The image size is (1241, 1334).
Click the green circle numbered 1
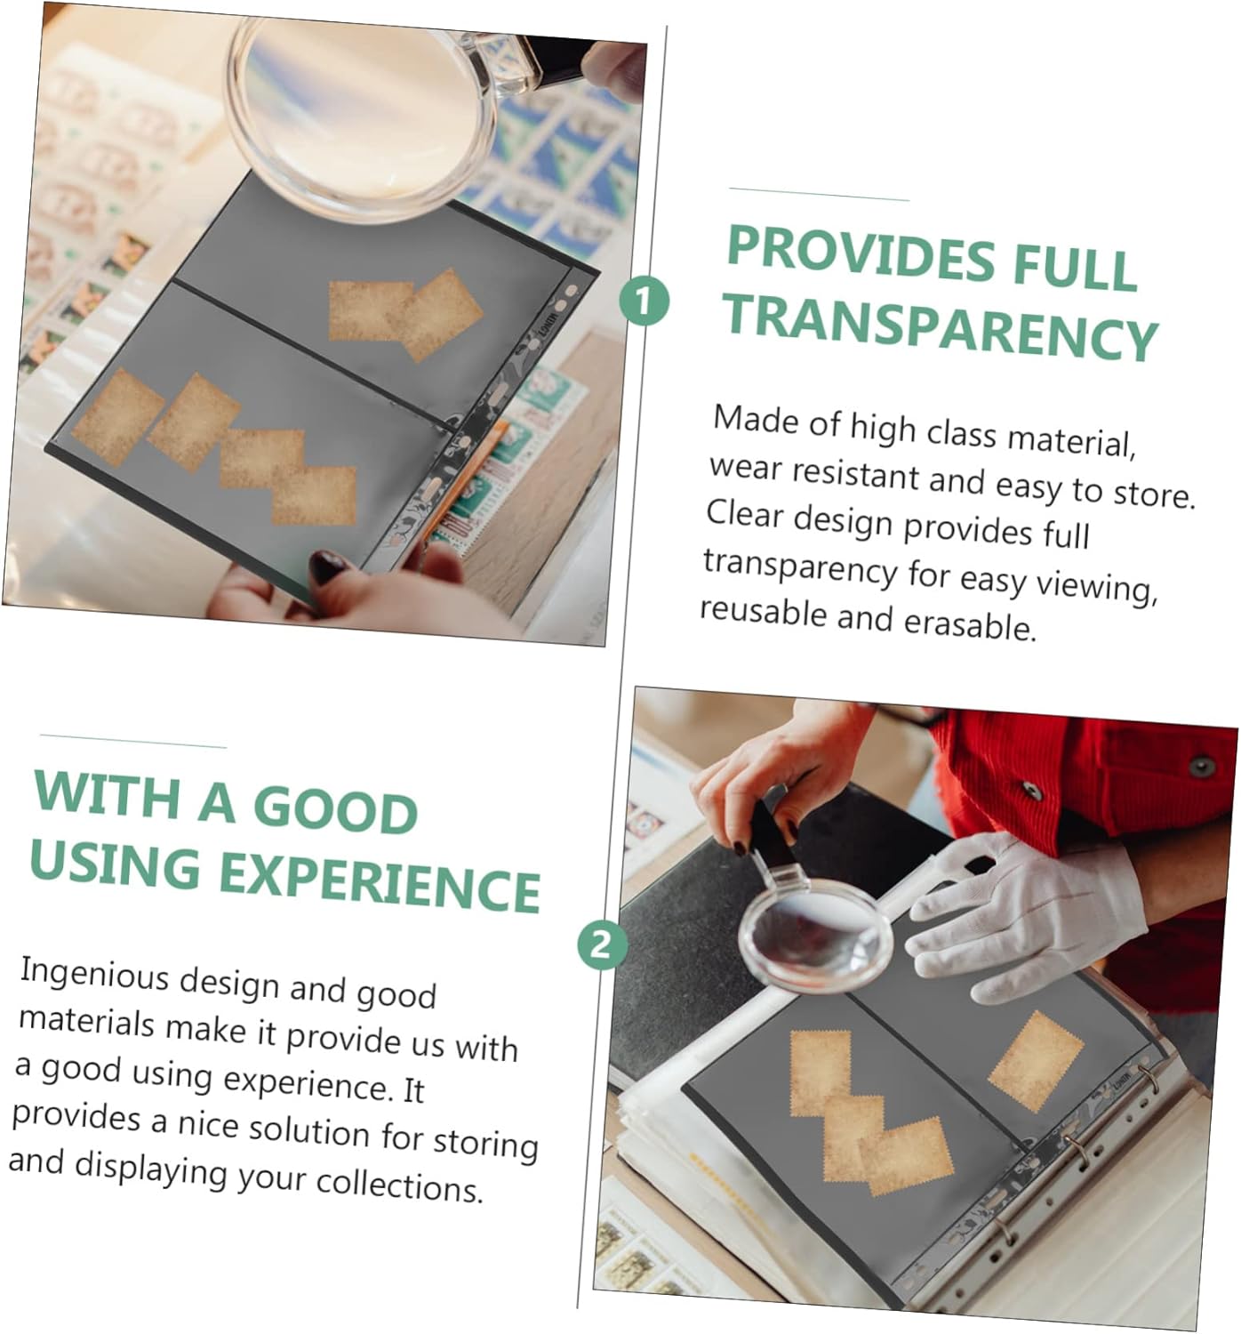[x=644, y=301]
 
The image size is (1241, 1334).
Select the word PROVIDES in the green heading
[x=861, y=253]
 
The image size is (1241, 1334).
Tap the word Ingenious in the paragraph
[x=95, y=975]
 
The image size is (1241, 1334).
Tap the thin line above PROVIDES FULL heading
[x=819, y=194]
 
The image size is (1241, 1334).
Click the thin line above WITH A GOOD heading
[x=133, y=741]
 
